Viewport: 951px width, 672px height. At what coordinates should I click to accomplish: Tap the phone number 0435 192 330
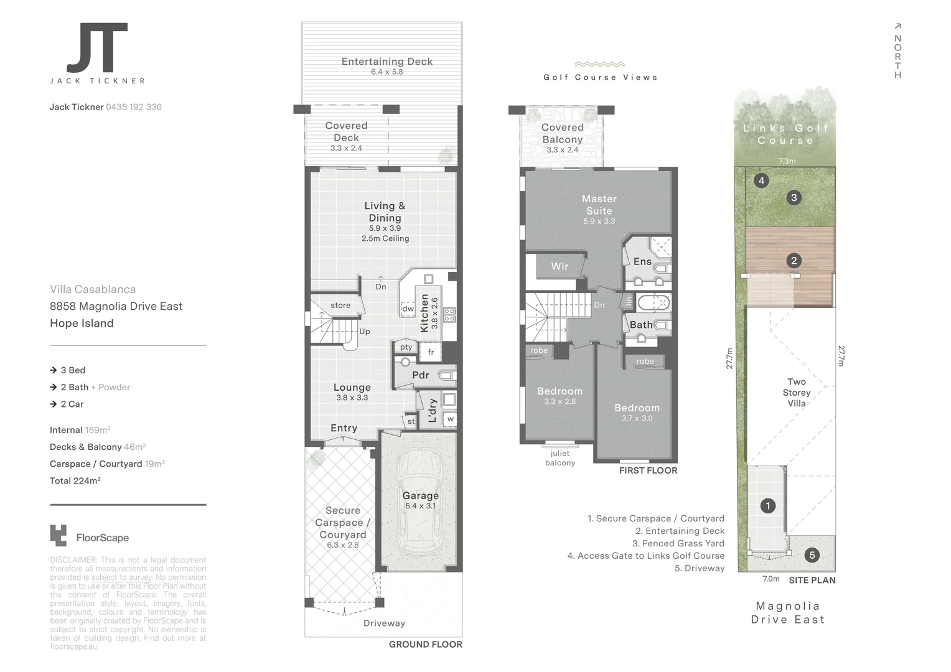point(134,107)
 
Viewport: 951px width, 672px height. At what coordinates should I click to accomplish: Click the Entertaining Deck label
point(386,62)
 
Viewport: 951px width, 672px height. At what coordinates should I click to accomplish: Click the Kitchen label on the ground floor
point(425,313)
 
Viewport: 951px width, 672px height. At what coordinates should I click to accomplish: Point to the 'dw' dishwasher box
point(408,309)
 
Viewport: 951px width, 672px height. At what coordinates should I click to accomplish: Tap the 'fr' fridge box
point(431,352)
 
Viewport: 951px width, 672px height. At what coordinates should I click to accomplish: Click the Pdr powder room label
point(421,375)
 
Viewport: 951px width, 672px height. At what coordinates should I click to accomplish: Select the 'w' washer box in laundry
point(450,419)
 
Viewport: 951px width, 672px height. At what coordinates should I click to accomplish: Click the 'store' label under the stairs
point(340,306)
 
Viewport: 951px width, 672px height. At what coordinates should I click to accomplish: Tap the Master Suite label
point(599,205)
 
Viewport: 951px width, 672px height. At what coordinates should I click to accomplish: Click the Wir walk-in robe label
point(560,266)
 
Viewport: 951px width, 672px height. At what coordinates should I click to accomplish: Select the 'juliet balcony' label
point(560,458)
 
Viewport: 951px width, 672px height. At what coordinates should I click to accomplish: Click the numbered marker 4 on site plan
point(761,181)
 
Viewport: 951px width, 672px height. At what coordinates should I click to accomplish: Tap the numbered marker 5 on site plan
point(812,555)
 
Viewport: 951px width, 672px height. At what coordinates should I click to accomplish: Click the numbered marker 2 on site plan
point(794,261)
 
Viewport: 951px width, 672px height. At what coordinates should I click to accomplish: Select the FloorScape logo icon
point(58,536)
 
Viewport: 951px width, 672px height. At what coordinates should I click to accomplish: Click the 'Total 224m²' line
point(75,480)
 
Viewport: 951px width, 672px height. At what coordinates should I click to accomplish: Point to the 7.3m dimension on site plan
point(787,161)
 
